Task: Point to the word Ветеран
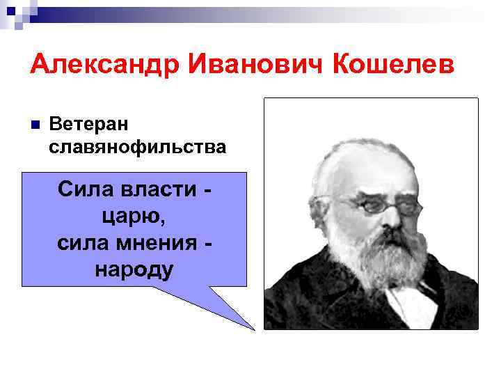coord(90,124)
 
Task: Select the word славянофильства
coord(138,147)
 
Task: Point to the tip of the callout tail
coord(254,328)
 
